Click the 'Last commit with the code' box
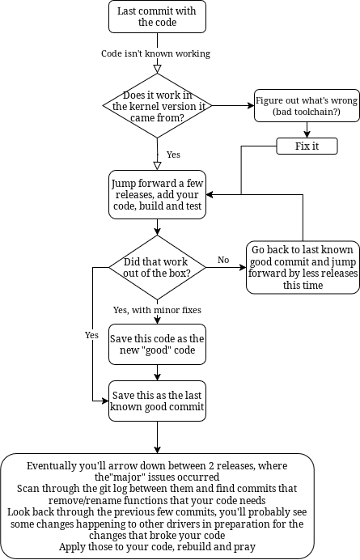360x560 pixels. click(157, 17)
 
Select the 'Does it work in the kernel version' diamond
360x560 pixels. click(157, 106)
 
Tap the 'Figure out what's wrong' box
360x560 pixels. click(307, 106)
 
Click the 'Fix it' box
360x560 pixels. click(307, 146)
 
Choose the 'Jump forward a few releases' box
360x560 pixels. click(157, 195)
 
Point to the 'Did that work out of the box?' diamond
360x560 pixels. click(157, 267)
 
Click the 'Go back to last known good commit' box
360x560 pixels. click(303, 267)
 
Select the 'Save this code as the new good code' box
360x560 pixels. click(157, 344)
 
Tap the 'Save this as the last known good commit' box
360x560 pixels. click(157, 401)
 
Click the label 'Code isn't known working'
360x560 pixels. click(155, 53)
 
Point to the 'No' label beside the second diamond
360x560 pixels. click(223, 260)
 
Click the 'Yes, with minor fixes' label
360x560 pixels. click(157, 310)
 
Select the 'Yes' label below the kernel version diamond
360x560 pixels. click(173, 155)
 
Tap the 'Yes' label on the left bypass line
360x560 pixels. click(91, 335)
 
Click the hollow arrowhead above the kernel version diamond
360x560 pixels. click(157, 69)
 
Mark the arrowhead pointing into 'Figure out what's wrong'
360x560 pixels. click(251, 106)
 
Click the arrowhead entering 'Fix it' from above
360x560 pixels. click(307, 134)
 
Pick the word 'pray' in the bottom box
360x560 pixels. click(247, 547)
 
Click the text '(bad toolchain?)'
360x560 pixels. click(307, 112)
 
